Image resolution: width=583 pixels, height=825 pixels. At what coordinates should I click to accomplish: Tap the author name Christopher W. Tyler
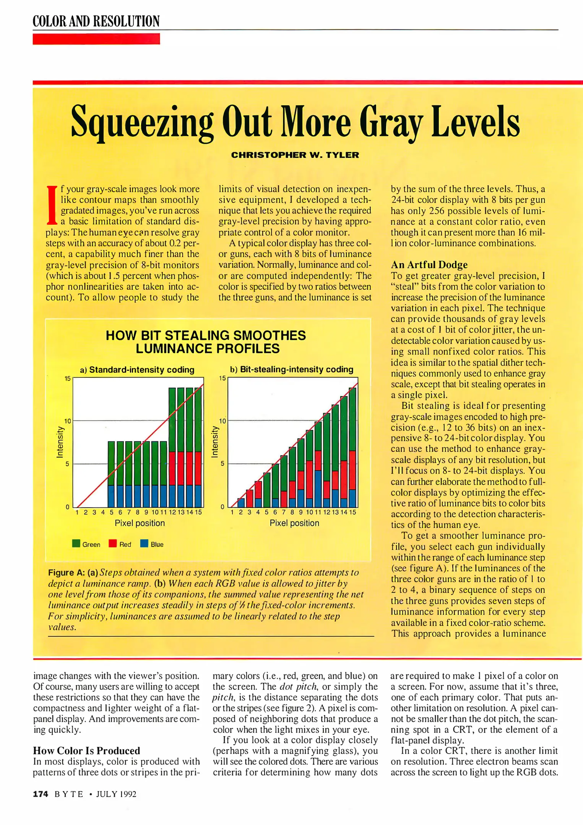(295, 155)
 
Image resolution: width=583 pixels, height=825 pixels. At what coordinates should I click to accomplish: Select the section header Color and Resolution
(96, 21)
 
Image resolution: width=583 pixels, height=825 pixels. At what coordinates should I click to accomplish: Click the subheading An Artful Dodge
(429, 265)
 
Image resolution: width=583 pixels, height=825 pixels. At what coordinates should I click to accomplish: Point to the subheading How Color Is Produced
(86, 751)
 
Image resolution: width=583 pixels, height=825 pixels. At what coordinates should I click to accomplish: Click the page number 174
(41, 794)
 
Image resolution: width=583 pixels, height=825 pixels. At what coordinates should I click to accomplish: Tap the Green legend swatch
(76, 544)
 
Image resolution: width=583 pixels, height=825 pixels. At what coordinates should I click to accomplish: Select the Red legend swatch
(113, 544)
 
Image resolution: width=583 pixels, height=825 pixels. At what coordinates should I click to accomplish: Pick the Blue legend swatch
(144, 544)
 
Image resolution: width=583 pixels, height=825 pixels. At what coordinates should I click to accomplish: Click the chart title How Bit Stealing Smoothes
(206, 336)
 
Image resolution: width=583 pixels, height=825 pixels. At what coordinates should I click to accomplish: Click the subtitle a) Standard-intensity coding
(137, 370)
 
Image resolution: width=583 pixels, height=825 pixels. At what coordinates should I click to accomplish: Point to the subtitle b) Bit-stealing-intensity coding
(291, 369)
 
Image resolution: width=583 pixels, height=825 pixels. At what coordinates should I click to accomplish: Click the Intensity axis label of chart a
(60, 442)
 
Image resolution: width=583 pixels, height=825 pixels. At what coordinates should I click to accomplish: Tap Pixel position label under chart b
(294, 523)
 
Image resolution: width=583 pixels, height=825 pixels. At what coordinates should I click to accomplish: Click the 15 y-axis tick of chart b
(222, 378)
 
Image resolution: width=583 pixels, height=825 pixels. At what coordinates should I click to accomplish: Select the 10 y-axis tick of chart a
(67, 421)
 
